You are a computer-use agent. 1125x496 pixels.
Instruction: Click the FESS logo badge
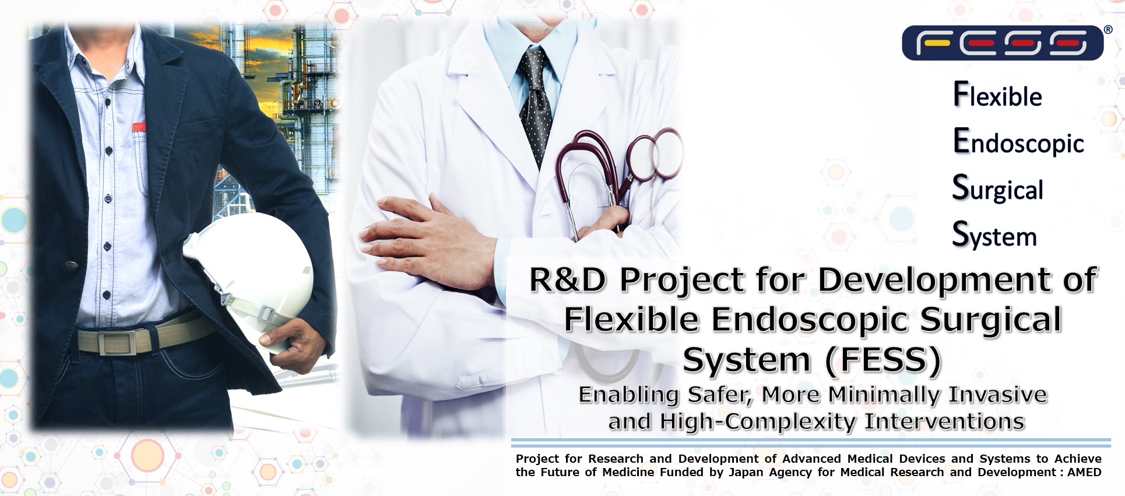1002,43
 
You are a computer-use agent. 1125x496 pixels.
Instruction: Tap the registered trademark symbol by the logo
1108,30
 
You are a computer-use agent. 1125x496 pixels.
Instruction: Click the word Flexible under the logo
997,96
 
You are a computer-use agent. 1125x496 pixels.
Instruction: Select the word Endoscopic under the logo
1018,142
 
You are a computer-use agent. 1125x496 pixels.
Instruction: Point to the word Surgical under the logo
997,189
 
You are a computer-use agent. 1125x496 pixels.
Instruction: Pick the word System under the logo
994,236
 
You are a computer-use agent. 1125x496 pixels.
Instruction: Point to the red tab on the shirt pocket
139,127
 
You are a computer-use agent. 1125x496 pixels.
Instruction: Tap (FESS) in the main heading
883,359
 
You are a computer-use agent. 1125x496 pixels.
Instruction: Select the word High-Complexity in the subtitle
758,421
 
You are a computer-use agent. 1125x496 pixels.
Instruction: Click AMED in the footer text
1084,472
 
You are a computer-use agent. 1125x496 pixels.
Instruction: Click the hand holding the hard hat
291,344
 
